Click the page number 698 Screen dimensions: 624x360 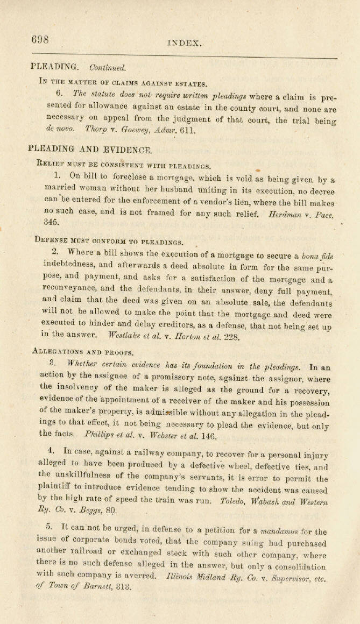point(40,39)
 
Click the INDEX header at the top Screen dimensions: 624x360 point(185,43)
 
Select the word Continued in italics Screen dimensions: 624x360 point(108,68)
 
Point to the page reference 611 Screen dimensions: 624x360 point(173,130)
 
